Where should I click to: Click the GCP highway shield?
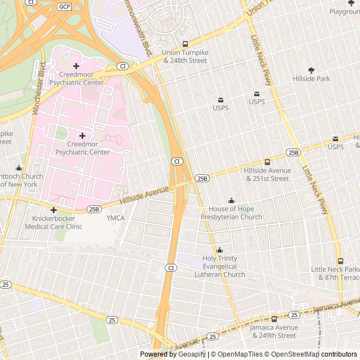click(x=64, y=6)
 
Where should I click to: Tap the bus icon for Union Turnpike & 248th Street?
click(x=185, y=44)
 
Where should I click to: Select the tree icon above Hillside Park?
click(x=312, y=70)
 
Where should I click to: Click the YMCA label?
click(x=115, y=218)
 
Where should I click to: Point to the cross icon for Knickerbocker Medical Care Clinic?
click(x=53, y=210)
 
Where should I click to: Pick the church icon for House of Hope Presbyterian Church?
click(x=231, y=201)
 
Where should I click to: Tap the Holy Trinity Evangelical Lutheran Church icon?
click(x=219, y=250)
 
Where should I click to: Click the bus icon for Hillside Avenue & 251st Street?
click(x=267, y=162)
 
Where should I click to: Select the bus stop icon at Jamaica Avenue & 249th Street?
click(x=274, y=319)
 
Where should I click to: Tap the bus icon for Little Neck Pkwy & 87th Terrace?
click(x=340, y=261)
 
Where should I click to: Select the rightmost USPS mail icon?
click(x=335, y=139)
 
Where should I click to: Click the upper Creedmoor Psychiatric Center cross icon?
click(x=76, y=66)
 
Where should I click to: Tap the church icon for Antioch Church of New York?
click(x=19, y=168)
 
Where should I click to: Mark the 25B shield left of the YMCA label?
click(x=94, y=209)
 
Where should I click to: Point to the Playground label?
click(x=344, y=11)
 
